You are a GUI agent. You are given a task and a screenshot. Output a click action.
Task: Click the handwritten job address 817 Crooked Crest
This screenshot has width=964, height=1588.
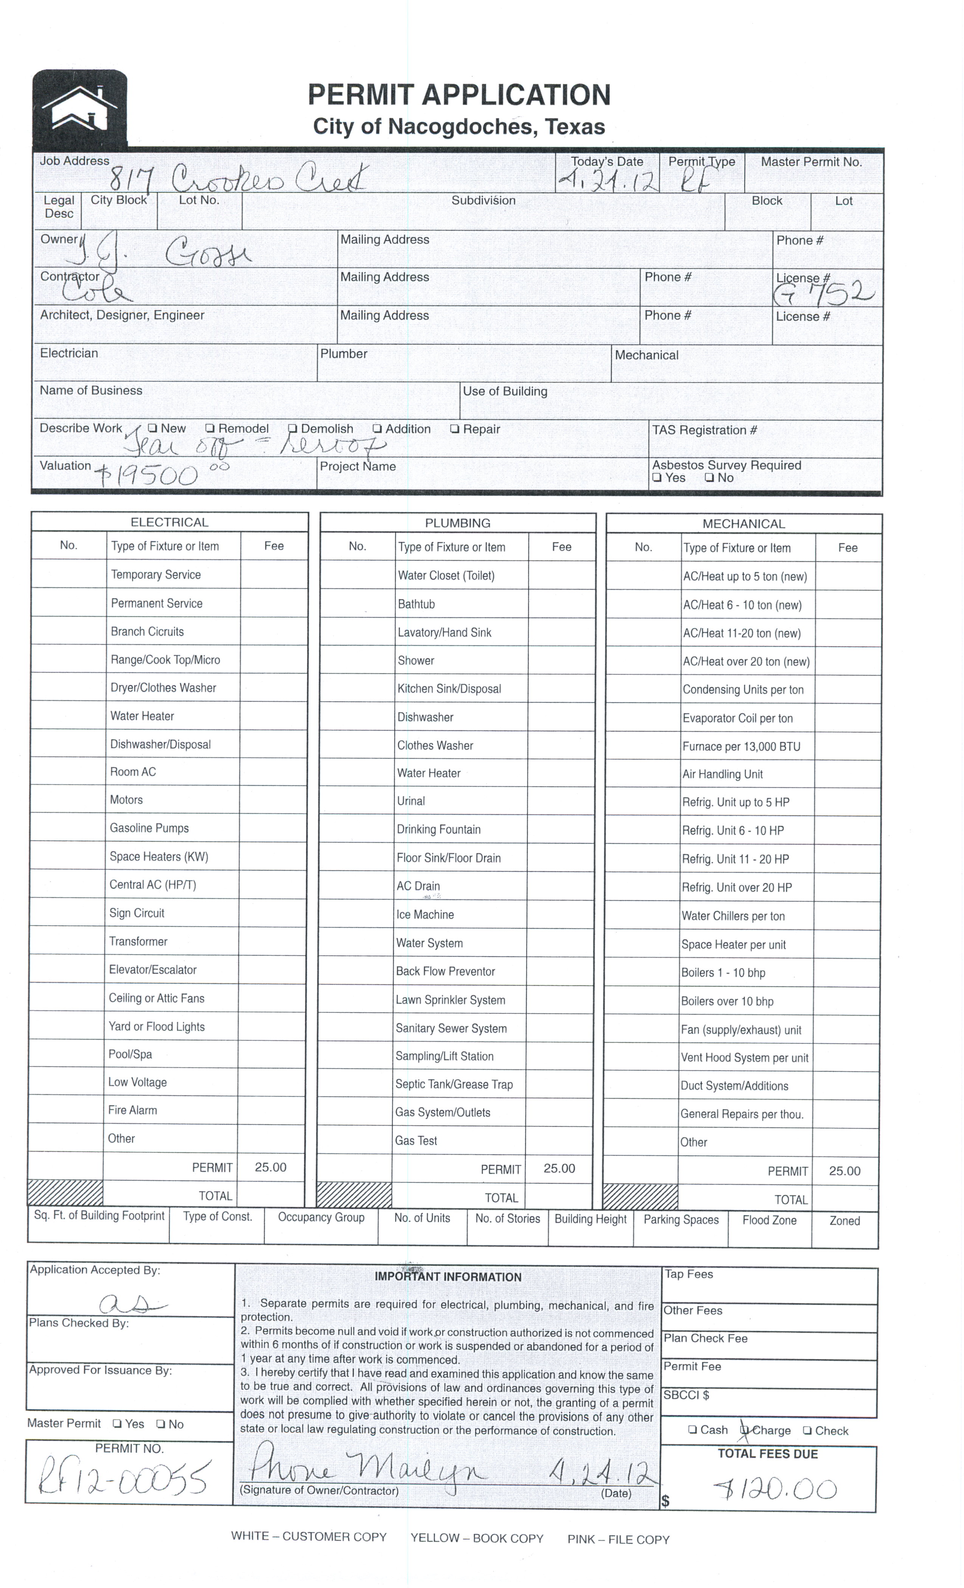tap(239, 177)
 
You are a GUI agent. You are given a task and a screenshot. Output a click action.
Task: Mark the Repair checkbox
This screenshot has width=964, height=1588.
tap(455, 429)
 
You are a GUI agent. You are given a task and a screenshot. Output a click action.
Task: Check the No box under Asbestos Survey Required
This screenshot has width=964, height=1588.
tap(709, 478)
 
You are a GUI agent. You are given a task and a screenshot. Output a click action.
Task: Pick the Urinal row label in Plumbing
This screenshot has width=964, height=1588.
tap(411, 801)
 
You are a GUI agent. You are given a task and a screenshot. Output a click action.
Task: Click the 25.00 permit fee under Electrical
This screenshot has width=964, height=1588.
tap(271, 1167)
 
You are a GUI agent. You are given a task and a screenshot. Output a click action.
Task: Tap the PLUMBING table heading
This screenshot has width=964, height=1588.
tap(457, 523)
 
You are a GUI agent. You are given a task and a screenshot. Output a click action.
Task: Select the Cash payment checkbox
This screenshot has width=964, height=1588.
tap(693, 1430)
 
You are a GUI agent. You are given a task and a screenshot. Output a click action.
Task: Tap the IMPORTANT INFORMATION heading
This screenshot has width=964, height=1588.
tap(448, 1277)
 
